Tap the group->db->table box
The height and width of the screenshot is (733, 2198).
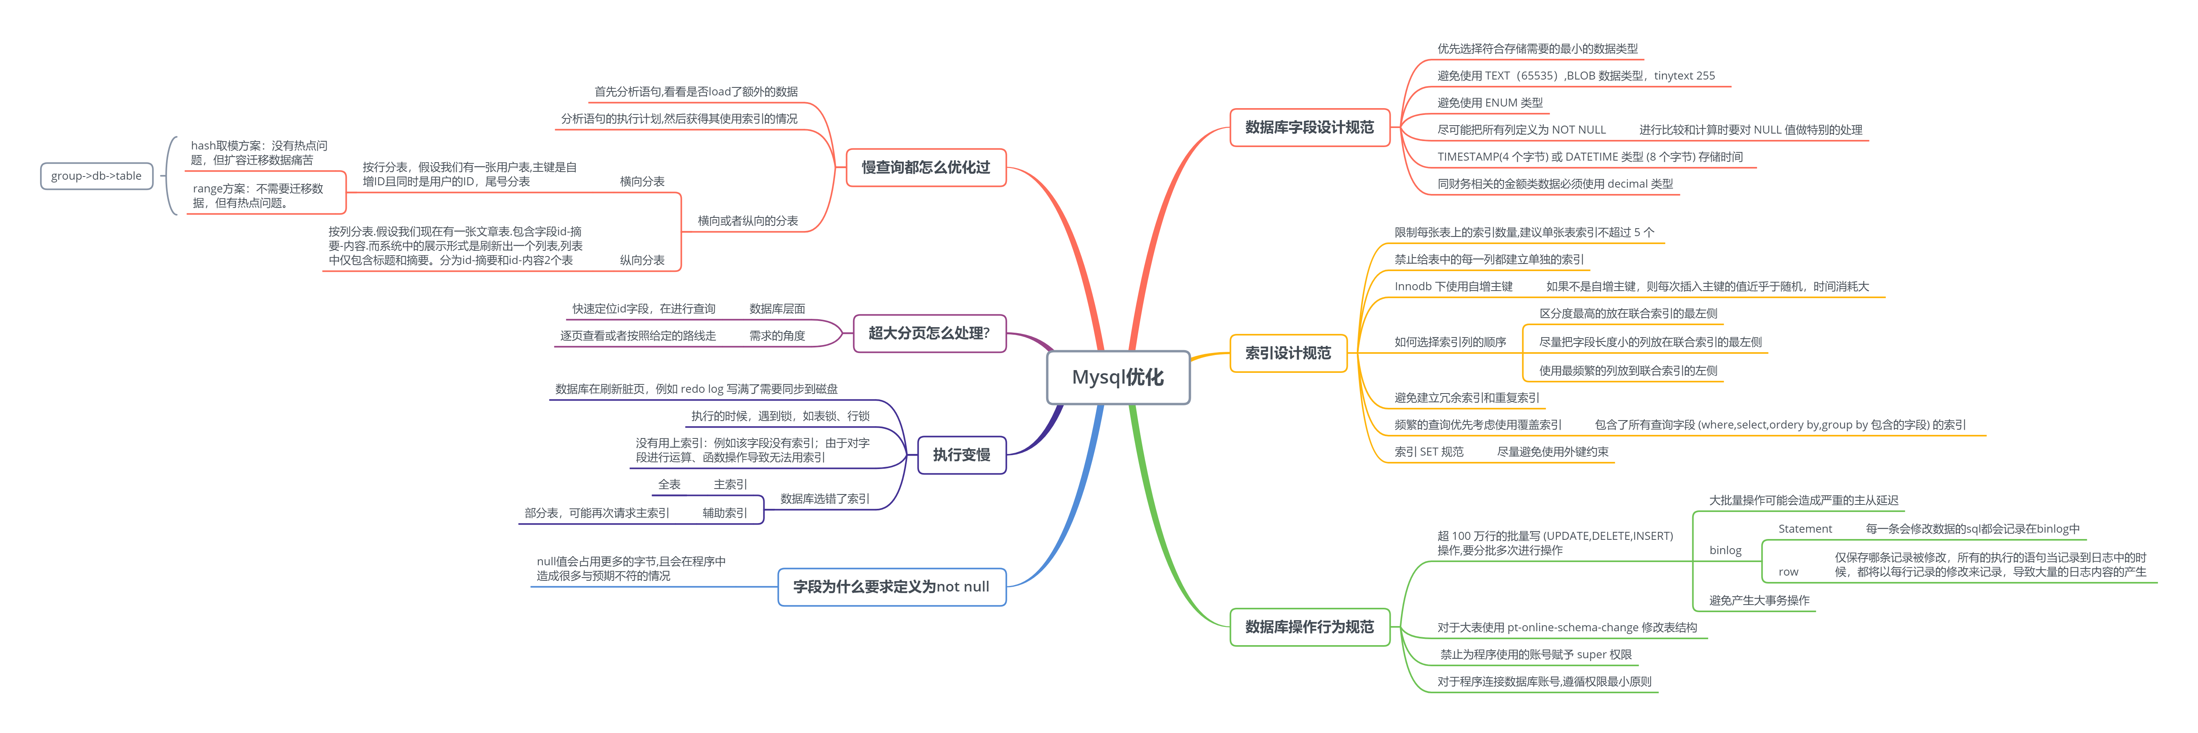click(x=97, y=176)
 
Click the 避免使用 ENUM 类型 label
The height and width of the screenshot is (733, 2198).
click(x=1489, y=103)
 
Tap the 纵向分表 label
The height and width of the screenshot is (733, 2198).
click(x=642, y=260)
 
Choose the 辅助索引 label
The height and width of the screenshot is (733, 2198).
click(x=724, y=513)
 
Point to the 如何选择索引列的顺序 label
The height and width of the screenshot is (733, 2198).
click(x=1450, y=342)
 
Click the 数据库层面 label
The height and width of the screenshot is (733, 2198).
click(x=776, y=309)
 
